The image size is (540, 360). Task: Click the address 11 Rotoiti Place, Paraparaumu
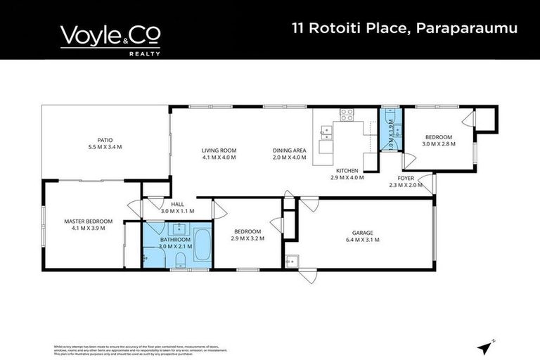(x=404, y=29)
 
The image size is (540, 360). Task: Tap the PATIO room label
(x=105, y=140)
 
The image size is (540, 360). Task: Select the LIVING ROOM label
(x=219, y=150)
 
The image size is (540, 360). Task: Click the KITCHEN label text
(x=347, y=171)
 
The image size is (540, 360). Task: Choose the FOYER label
(x=406, y=178)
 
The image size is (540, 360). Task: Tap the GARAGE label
(x=363, y=233)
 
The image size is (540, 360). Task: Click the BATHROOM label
(x=166, y=240)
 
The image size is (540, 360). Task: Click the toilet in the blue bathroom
(x=180, y=262)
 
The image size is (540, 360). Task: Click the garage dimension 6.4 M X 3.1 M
(x=363, y=240)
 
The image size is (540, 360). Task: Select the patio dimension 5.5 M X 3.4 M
(x=105, y=147)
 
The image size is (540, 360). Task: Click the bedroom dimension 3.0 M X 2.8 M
(x=438, y=143)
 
